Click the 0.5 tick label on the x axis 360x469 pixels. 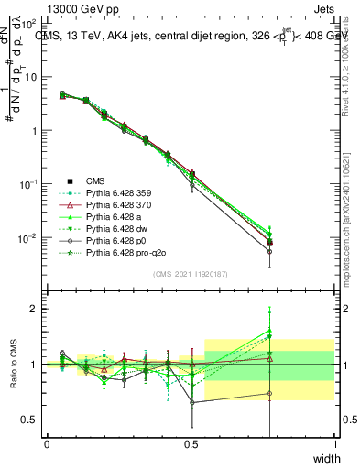click(191, 444)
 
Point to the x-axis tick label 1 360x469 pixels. click(335, 444)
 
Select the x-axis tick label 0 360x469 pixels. click(47, 444)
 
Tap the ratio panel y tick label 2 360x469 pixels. click(34, 309)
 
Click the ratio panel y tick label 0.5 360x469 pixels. click(31, 420)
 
